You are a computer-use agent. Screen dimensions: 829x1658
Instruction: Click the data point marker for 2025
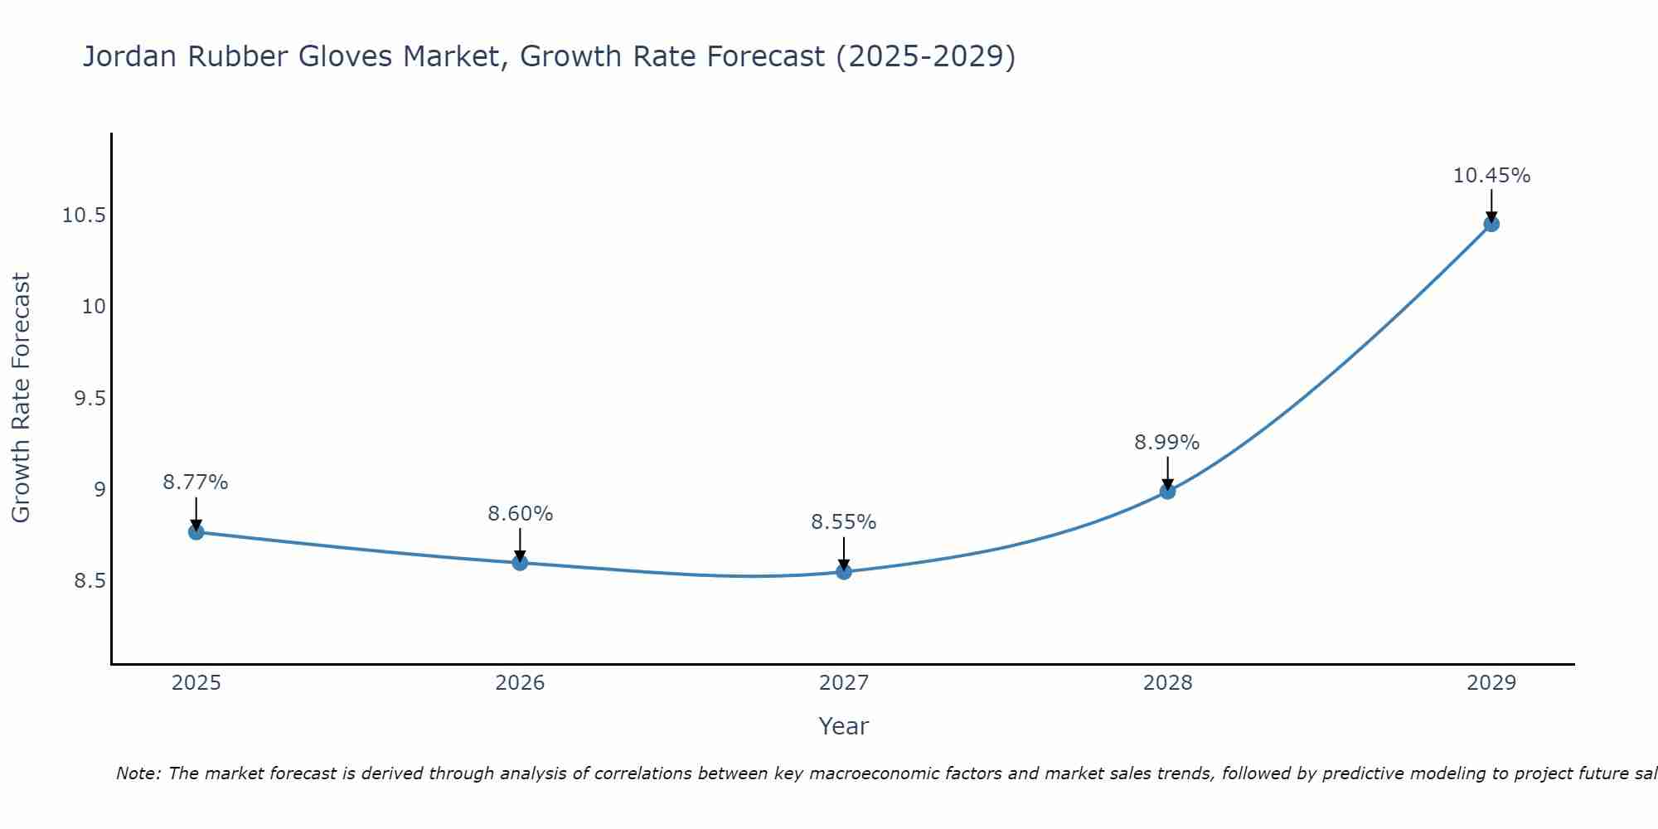(196, 532)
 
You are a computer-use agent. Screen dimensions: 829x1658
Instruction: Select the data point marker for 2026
(520, 563)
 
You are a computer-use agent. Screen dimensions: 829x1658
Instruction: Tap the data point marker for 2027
(844, 571)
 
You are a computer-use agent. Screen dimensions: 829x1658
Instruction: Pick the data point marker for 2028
(1167, 491)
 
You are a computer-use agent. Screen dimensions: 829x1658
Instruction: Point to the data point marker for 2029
(1491, 224)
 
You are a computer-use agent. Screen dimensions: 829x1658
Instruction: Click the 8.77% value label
(196, 482)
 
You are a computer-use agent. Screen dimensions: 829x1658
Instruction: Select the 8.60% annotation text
(520, 514)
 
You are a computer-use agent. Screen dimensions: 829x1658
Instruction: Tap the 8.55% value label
(843, 522)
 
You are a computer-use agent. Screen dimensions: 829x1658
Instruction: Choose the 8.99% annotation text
(1166, 443)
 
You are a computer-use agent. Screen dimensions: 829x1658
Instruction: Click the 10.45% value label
(1491, 176)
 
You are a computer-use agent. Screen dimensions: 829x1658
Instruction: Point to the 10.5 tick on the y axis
(84, 216)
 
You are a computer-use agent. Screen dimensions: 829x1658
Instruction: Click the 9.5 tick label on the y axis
(90, 399)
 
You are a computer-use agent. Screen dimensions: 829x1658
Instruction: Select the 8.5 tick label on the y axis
(90, 581)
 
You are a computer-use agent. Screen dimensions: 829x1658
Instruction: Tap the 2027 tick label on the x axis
(843, 683)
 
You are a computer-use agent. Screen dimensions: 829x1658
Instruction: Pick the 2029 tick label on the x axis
(1491, 683)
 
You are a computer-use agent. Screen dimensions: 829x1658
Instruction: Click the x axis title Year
(843, 726)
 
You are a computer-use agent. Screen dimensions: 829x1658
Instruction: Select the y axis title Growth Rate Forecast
(21, 398)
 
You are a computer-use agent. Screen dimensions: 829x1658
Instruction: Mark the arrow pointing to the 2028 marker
(1167, 473)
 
